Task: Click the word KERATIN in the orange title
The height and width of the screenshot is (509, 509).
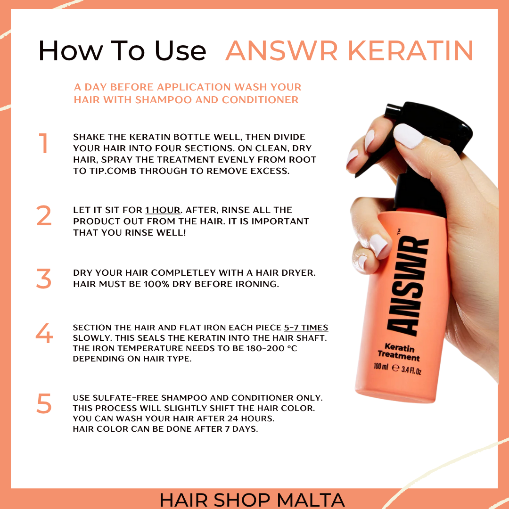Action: click(410, 50)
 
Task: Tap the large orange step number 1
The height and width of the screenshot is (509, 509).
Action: click(43, 143)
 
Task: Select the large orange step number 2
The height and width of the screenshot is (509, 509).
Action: click(44, 215)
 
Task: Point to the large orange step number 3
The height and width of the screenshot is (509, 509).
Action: click(44, 278)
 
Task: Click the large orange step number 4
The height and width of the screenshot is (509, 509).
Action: click(44, 333)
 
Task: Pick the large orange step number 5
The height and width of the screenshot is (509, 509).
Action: click(44, 403)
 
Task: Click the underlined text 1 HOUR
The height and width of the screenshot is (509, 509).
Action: click(163, 210)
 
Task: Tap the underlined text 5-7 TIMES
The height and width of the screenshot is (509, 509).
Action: click(306, 328)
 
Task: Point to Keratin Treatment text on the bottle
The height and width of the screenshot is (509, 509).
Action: click(399, 352)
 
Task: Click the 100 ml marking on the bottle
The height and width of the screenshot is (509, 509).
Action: click(380, 367)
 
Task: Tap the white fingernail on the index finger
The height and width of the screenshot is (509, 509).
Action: click(408, 136)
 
